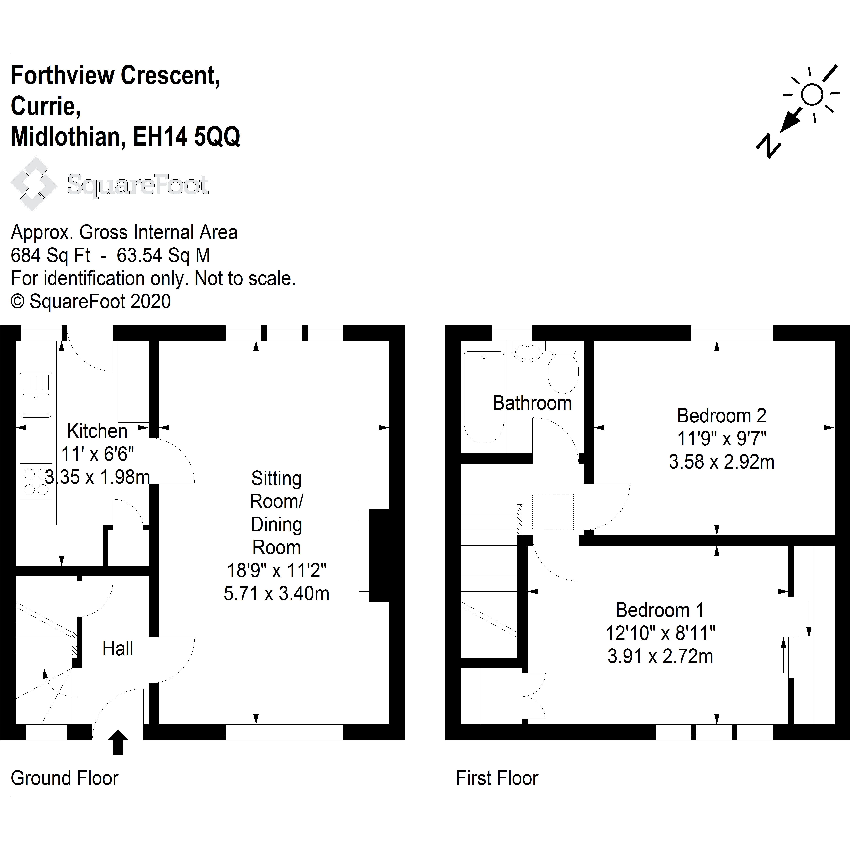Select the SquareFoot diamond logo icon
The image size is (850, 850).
[34, 184]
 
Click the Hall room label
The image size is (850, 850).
[117, 649]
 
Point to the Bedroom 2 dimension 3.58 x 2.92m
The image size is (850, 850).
[721, 462]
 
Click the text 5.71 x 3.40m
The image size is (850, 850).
[276, 593]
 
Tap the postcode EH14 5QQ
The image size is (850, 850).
[186, 137]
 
